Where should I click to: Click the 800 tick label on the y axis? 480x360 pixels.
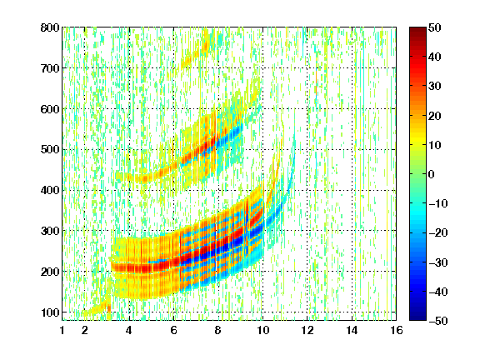point(50,27)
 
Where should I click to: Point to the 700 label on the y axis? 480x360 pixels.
point(50,68)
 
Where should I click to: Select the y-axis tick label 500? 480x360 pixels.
point(50,149)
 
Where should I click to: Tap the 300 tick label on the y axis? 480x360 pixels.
point(50,231)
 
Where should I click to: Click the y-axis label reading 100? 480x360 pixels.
point(50,312)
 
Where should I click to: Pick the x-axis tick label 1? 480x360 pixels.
point(62,330)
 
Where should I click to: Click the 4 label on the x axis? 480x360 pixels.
point(129,330)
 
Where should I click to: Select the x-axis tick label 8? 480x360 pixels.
point(217,330)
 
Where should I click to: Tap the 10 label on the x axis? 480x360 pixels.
point(262,330)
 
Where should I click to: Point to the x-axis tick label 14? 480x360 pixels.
point(352,330)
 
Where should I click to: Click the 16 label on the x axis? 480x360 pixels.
point(397,330)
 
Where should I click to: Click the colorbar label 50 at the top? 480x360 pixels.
point(435,27)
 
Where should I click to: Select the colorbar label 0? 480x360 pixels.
point(432,174)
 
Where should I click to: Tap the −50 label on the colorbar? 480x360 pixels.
point(438,321)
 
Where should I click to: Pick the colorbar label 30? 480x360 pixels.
point(435,86)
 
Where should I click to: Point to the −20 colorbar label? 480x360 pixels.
point(438,232)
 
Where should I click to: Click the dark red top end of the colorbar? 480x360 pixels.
point(417,28)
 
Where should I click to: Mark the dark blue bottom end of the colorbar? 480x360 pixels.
point(417,319)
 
